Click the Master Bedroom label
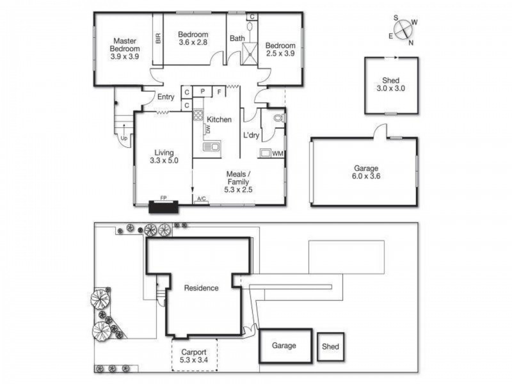click(x=124, y=48)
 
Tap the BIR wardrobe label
click(x=158, y=38)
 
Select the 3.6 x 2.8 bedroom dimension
click(x=193, y=43)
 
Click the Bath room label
click(x=237, y=38)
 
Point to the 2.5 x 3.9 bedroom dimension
click(x=280, y=54)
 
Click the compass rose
click(x=404, y=29)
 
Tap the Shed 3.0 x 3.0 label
click(x=390, y=84)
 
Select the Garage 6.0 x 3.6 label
click(x=367, y=172)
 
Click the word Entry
click(x=166, y=97)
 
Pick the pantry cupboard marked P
click(x=202, y=92)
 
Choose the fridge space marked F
click(x=219, y=92)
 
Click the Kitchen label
click(x=219, y=120)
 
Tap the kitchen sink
click(x=211, y=147)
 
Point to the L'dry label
click(x=251, y=135)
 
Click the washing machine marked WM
click(x=277, y=154)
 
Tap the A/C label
click(x=201, y=200)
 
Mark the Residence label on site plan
click(x=201, y=288)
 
